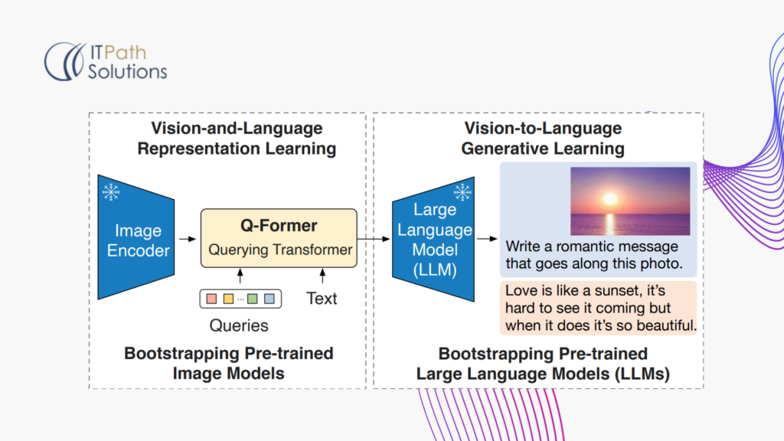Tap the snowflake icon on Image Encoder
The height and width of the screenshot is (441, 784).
(x=112, y=192)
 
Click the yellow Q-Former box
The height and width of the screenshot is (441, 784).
(x=279, y=238)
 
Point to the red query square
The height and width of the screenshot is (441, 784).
(x=211, y=298)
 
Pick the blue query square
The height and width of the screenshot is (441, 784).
(x=269, y=298)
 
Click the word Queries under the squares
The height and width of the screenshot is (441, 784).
(x=239, y=325)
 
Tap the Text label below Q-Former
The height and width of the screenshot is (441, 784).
(x=322, y=299)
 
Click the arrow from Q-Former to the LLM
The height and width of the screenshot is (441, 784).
(x=374, y=239)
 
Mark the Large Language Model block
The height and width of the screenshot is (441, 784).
(x=432, y=238)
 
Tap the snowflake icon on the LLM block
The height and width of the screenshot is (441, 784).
(x=462, y=192)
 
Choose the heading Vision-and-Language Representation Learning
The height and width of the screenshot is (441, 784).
(x=237, y=139)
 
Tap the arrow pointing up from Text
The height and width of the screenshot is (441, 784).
(x=322, y=276)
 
